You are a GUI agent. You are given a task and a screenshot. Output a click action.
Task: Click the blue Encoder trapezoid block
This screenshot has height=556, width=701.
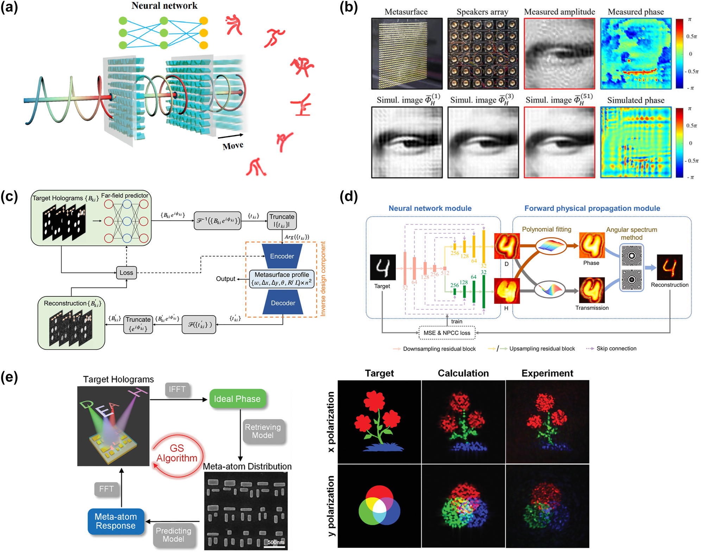coord(282,256)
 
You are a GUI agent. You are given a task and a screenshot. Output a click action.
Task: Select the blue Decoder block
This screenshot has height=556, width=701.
coord(283,303)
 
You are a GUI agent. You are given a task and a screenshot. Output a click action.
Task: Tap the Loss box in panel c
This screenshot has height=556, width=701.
coord(126,273)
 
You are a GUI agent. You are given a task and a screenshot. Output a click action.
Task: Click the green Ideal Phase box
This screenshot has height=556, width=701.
coord(237,399)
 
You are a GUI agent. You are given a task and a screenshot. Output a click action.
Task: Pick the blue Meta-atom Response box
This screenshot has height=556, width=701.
coord(116,521)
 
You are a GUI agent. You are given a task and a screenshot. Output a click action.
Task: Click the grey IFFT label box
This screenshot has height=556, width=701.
coord(177,389)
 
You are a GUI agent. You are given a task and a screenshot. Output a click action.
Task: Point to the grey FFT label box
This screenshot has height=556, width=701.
coord(106,489)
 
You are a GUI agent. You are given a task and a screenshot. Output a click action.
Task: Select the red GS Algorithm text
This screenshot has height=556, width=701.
coord(177,453)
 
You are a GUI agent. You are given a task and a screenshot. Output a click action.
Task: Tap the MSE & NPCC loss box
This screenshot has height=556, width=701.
coord(447,333)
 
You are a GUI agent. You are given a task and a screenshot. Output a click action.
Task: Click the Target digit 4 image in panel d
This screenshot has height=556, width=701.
coord(383,267)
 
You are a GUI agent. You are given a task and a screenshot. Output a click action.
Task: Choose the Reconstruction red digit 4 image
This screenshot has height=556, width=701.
coord(669,267)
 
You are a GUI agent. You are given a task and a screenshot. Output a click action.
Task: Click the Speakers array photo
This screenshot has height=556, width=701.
coord(483,54)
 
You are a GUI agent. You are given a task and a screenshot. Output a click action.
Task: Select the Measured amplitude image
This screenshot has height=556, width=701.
coord(559,54)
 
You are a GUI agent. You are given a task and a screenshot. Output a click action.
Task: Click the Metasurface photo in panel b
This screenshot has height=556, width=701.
coord(407,54)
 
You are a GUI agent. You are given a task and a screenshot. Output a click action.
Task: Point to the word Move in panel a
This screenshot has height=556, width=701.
coord(233,146)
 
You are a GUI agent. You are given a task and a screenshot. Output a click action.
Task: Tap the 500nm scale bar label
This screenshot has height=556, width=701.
coord(276,542)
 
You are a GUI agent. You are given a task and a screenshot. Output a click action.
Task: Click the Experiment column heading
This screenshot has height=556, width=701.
coord(547,373)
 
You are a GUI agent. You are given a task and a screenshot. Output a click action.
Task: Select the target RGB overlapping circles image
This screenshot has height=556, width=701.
coord(379,506)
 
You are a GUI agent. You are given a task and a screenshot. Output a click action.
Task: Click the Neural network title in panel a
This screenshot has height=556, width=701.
coord(164,6)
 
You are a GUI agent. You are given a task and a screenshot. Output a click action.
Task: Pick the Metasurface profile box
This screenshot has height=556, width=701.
coord(282,279)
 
